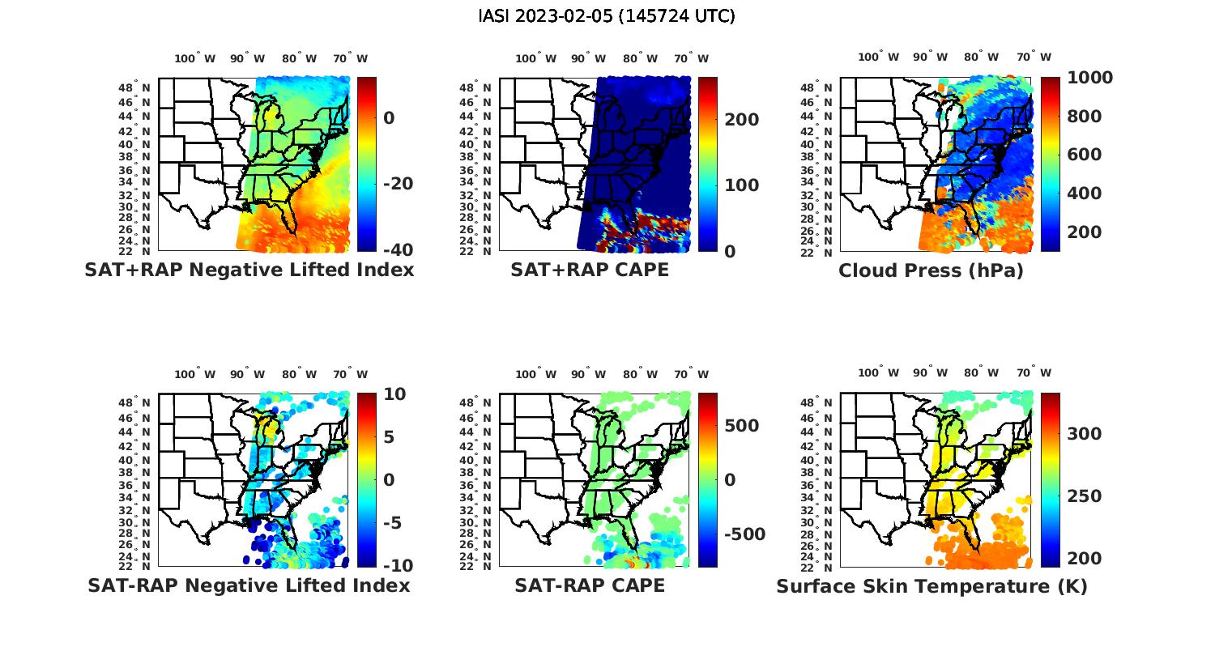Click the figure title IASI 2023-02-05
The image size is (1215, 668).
(x=607, y=16)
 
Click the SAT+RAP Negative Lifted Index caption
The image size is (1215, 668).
(x=249, y=270)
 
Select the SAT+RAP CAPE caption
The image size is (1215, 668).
(x=590, y=270)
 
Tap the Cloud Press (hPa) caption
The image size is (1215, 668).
(x=931, y=270)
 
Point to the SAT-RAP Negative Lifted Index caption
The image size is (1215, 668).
(x=249, y=585)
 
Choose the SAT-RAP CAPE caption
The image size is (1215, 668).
(x=590, y=585)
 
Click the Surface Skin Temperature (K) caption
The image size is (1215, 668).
(x=932, y=586)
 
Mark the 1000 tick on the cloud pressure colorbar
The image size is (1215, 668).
(x=1089, y=78)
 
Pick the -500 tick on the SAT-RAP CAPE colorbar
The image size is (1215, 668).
(x=742, y=534)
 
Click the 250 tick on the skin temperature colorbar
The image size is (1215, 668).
(x=1084, y=496)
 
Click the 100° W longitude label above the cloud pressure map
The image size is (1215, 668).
(x=879, y=57)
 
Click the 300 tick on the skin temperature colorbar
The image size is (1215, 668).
(x=1084, y=434)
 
